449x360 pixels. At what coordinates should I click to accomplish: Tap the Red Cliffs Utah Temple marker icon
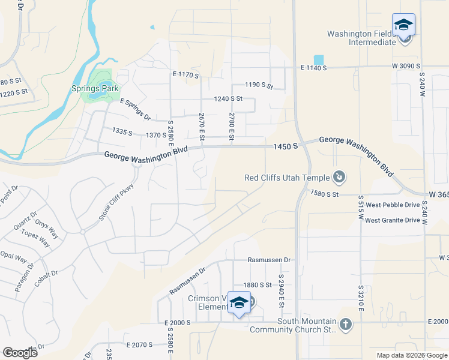coord(340,177)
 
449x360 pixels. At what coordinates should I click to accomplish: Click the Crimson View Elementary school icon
coord(239,304)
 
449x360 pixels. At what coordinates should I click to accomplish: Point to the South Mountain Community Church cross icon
coord(345,325)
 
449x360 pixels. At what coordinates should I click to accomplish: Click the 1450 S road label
coord(285,146)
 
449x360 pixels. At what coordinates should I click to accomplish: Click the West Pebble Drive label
coord(393,205)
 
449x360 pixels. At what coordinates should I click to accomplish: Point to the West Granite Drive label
coord(393,220)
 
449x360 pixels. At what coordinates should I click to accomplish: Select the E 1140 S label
coord(313,68)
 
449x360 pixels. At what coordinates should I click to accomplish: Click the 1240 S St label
coord(228,98)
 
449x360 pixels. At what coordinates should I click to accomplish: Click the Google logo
coord(20,352)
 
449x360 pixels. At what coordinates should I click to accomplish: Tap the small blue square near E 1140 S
coord(319,59)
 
